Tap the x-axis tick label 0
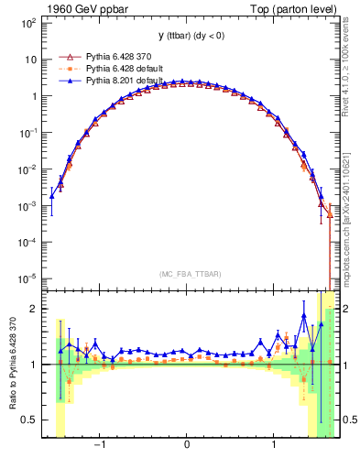coord(187,447)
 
